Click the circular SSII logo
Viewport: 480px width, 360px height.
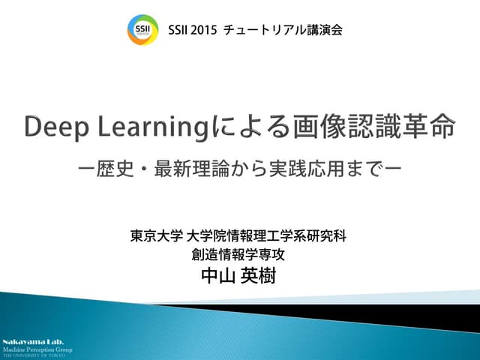pos(142,29)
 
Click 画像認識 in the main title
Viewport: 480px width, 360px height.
pos(352,127)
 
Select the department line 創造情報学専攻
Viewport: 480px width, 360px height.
pos(239,255)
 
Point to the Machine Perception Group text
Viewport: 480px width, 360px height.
pos(37,349)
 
